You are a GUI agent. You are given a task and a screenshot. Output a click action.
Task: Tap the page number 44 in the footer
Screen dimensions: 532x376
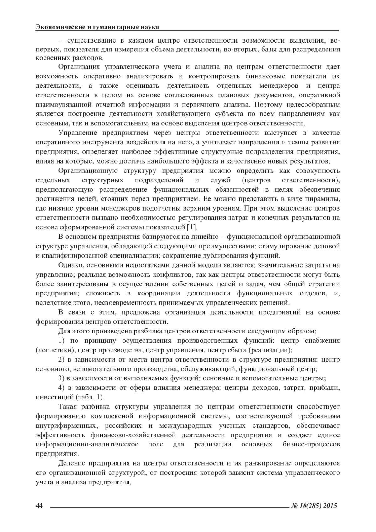click(x=39, y=505)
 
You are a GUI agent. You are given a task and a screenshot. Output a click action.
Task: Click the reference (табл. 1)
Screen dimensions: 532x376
click(x=89, y=397)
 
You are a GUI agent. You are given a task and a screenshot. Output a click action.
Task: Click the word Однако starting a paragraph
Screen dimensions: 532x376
click(x=71, y=265)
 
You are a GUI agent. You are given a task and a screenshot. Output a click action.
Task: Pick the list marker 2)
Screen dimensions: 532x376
click(x=62, y=359)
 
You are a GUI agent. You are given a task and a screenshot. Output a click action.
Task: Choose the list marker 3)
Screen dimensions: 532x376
click(x=62, y=378)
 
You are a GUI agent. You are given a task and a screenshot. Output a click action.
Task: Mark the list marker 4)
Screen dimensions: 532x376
click(x=62, y=388)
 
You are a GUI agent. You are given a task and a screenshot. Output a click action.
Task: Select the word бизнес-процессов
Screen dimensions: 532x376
click(x=311, y=444)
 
